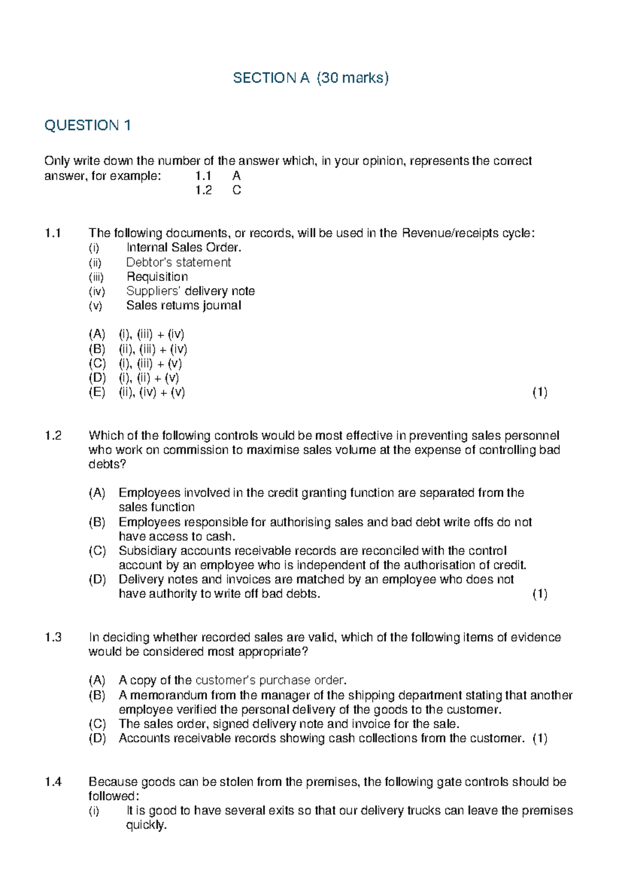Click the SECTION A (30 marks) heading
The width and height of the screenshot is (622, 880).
tap(310, 78)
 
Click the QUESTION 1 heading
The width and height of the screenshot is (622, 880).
tap(88, 126)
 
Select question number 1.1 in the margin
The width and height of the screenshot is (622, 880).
tap(53, 233)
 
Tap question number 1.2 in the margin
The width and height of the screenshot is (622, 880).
tap(53, 436)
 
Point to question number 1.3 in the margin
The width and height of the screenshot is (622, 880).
tap(53, 638)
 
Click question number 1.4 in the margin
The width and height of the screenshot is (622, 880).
tap(53, 782)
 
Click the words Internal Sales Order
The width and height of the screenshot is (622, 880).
tap(184, 247)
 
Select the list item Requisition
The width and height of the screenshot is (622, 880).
tap(157, 277)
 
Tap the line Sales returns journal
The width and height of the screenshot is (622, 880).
tap(183, 306)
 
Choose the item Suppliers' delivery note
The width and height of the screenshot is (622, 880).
tap(190, 291)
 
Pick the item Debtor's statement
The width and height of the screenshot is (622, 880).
tap(178, 262)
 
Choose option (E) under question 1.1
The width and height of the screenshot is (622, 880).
tap(97, 392)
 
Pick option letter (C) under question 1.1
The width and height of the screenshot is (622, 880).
tap(97, 363)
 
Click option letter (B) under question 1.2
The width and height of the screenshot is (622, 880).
tap(97, 522)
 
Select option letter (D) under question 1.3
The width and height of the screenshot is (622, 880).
tap(97, 738)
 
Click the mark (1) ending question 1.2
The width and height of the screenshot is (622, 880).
tap(540, 594)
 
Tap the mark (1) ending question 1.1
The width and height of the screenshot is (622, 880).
tap(540, 392)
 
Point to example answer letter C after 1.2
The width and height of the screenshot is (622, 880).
tap(236, 190)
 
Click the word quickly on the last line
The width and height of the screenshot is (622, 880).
tap(146, 826)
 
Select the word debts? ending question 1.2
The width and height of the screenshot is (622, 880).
tap(107, 464)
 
